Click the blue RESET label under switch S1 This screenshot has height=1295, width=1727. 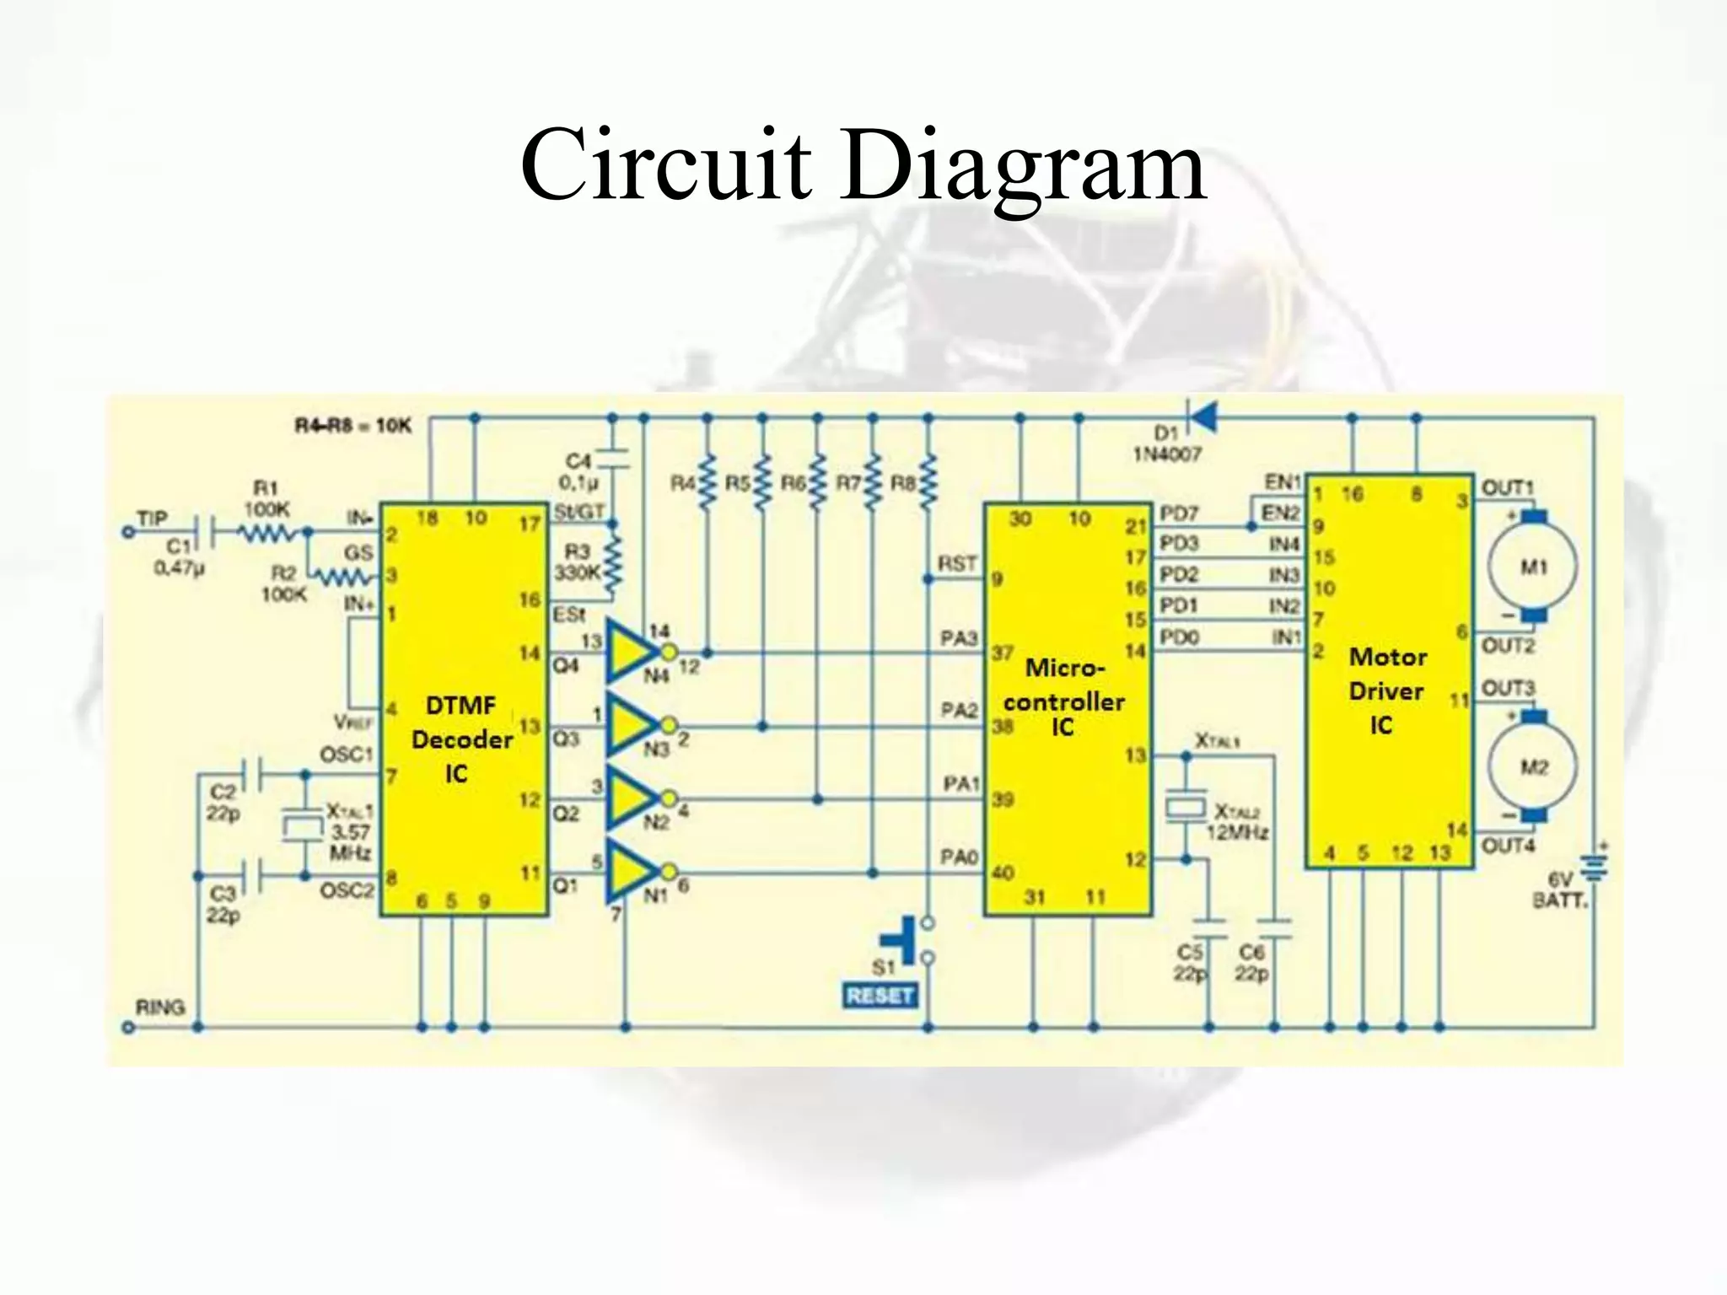pyautogui.click(x=880, y=996)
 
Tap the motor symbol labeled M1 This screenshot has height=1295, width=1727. pyautogui.click(x=1532, y=567)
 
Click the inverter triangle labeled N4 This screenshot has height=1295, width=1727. pyautogui.click(x=631, y=652)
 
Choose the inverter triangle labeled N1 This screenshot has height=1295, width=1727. pyautogui.click(x=631, y=871)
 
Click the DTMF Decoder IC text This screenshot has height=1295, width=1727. pyautogui.click(x=460, y=739)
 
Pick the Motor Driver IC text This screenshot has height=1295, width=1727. pyautogui.click(x=1386, y=691)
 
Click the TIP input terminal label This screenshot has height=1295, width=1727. pyautogui.click(x=153, y=518)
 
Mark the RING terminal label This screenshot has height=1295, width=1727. pyautogui.click(x=159, y=1007)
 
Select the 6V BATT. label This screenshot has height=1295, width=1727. pyautogui.click(x=1559, y=890)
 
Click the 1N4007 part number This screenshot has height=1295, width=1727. pyautogui.click(x=1166, y=454)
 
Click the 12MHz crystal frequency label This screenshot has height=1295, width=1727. pyautogui.click(x=1237, y=833)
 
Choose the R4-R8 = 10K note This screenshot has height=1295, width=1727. pyautogui.click(x=352, y=426)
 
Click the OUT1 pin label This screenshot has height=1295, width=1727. pyautogui.click(x=1507, y=488)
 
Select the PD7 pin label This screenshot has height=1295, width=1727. pyautogui.click(x=1178, y=513)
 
